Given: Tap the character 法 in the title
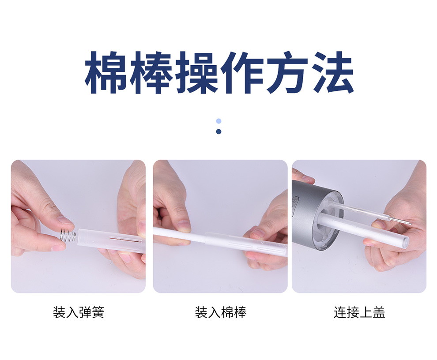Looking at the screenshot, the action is click(332, 72).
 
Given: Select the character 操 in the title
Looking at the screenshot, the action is click(196, 72).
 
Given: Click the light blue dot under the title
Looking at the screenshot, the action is click(219, 121).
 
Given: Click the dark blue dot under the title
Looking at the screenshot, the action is click(219, 131).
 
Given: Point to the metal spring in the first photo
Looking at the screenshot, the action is click(68, 235).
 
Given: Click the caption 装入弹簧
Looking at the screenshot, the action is click(78, 312).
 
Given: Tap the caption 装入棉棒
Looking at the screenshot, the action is click(220, 312).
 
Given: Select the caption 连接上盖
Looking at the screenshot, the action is click(359, 312).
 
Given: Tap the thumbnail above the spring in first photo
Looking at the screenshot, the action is click(66, 221).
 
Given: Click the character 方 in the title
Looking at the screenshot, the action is click(287, 72).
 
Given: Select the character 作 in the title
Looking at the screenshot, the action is click(242, 72).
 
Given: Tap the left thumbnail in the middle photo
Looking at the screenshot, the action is click(183, 225).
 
